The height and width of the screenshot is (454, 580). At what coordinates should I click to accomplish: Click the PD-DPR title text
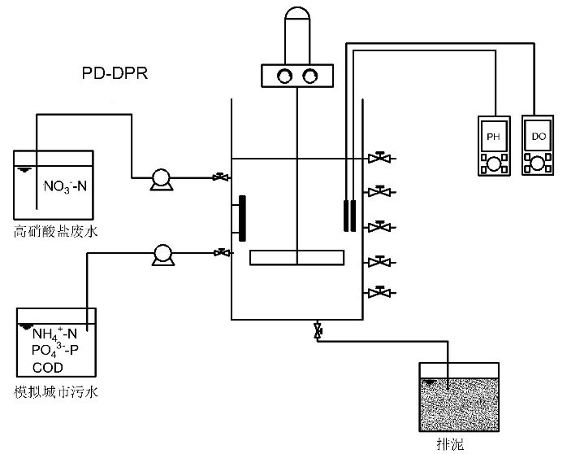115,74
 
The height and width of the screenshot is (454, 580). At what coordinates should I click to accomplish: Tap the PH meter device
492,146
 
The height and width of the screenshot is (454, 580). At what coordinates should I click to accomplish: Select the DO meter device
537,146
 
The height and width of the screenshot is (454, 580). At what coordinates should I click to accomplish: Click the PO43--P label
55,351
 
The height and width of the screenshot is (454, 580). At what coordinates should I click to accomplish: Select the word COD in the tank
48,367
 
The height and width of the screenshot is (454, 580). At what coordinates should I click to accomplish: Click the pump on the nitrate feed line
159,178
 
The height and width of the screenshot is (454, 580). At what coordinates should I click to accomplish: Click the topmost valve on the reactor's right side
376,158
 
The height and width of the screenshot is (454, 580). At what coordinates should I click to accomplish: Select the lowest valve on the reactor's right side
376,291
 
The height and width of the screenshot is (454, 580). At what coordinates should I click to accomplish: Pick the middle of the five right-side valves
376,225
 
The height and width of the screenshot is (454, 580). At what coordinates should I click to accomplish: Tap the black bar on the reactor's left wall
241,218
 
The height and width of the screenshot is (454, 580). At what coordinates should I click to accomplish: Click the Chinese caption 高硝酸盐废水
55,232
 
